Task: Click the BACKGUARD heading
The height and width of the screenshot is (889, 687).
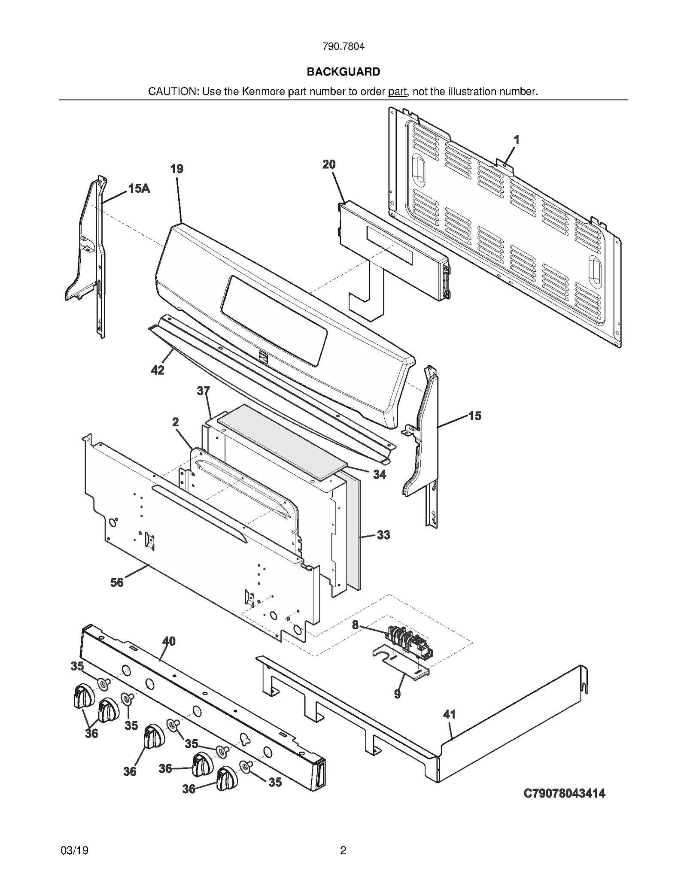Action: (343, 72)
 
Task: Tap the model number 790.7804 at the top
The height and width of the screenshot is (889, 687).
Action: (343, 46)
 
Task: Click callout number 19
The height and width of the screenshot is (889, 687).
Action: (176, 169)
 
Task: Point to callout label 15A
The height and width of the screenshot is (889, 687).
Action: (139, 188)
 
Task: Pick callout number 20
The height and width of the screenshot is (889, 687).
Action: (329, 164)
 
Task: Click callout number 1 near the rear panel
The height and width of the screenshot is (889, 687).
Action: (517, 140)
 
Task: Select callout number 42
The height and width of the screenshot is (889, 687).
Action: (158, 370)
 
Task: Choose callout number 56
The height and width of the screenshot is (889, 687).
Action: (117, 583)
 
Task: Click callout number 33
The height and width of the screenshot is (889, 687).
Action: (383, 535)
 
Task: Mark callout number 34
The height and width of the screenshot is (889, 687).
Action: (379, 474)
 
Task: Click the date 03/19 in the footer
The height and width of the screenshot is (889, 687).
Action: (75, 850)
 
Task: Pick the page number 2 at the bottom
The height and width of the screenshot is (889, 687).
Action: (343, 850)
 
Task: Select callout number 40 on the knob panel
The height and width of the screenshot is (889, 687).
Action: (169, 641)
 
